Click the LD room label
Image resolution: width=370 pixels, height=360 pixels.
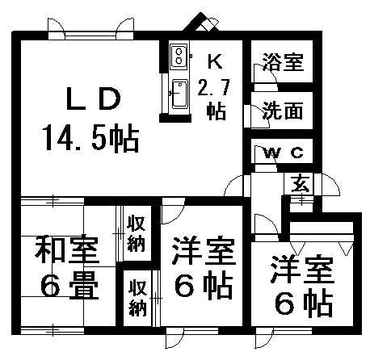pyautogui.click(x=93, y=99)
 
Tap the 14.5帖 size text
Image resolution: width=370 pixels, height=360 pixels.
pyautogui.click(x=92, y=138)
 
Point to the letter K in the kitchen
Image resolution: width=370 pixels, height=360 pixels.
pyautogui.click(x=215, y=61)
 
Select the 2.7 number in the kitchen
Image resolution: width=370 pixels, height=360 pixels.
pyautogui.click(x=213, y=88)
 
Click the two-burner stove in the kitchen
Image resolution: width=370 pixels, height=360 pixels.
pyautogui.click(x=179, y=55)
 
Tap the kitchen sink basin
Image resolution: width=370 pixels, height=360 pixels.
pyautogui.click(x=179, y=94)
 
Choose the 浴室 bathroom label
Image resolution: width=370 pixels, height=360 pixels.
pyautogui.click(x=283, y=62)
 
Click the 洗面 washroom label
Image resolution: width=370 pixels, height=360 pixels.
pyautogui.click(x=283, y=111)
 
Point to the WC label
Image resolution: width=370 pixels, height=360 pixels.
pyautogui.click(x=283, y=153)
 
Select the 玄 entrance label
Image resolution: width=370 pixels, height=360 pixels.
pyautogui.click(x=301, y=183)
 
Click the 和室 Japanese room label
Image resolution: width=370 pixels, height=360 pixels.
pyautogui.click(x=66, y=250)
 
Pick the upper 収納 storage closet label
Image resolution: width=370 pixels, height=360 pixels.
pyautogui.click(x=137, y=233)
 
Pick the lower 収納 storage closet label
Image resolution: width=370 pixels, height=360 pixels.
pyautogui.click(x=137, y=298)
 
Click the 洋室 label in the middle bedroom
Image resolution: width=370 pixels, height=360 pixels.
pyautogui.click(x=204, y=250)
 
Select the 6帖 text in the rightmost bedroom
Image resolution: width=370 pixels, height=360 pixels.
pyautogui.click(x=304, y=303)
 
